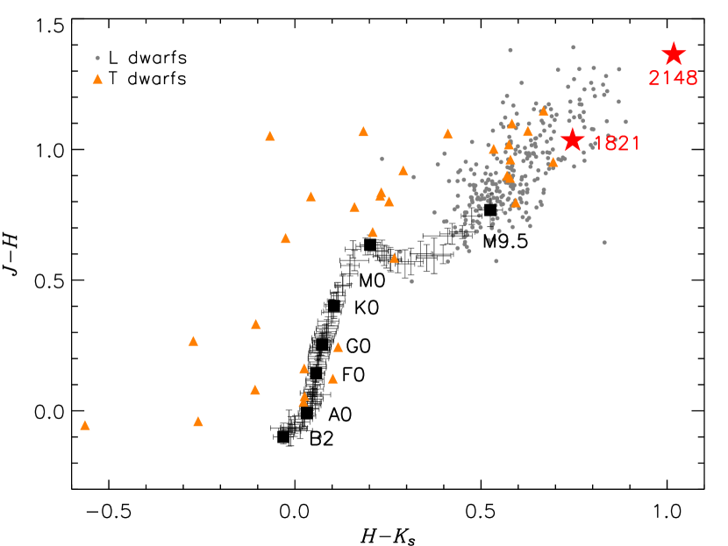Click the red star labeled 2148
tap(673, 54)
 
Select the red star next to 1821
tap(572, 139)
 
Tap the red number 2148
tap(673, 79)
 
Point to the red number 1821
tap(617, 144)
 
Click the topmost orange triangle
tap(97, 79)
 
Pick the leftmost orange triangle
tap(85, 425)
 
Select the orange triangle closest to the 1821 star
tap(553, 162)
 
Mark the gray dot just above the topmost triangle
tap(97, 58)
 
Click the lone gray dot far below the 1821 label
tap(604, 243)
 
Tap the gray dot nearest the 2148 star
tap(618, 69)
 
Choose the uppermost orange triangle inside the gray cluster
tap(543, 111)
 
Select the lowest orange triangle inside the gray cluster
tap(516, 203)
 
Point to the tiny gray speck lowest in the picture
tap(319, 436)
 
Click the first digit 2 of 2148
tap(654, 79)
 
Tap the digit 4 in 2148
tap(679, 79)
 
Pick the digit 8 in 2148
tap(691, 79)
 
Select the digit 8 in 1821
tap(611, 144)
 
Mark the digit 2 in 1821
tap(624, 144)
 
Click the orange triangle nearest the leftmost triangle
tap(198, 422)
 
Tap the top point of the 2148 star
tap(673, 41)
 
